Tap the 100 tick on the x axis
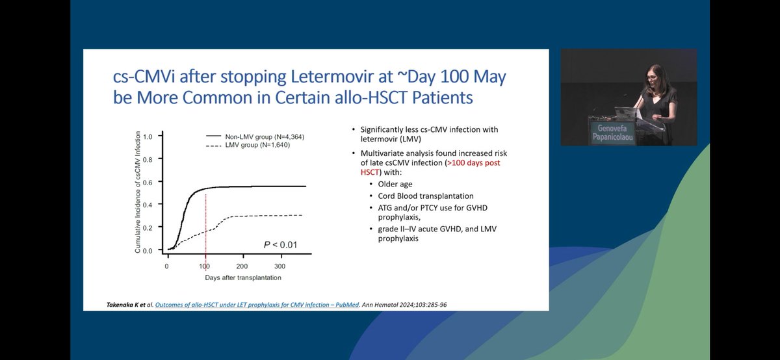(x=205, y=266)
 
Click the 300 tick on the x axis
(x=279, y=266)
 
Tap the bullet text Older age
(x=396, y=184)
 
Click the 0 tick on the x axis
(x=167, y=266)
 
